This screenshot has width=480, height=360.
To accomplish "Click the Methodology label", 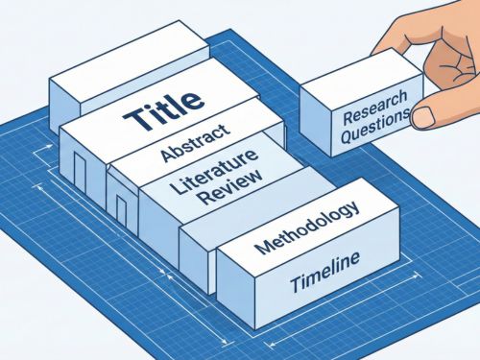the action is tap(306, 227).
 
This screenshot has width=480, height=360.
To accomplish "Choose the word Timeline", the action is tap(324, 268).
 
